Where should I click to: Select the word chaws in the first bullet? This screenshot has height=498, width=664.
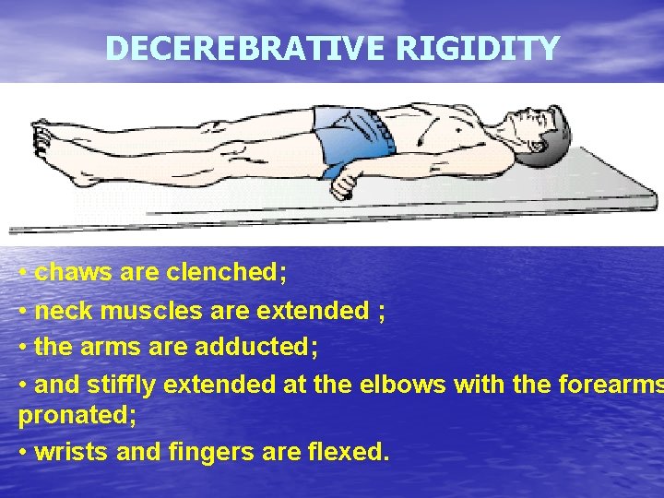pyautogui.click(x=75, y=273)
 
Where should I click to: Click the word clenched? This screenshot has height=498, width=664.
pyautogui.click(x=227, y=273)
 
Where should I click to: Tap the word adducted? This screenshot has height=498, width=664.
pyautogui.click(x=261, y=348)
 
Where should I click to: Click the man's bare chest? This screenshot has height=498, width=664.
pyautogui.click(x=443, y=138)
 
